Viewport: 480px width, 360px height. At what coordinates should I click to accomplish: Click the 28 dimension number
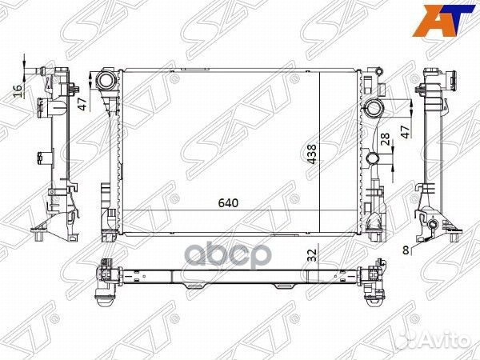point(385,142)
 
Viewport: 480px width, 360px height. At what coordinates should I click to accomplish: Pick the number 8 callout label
point(406,250)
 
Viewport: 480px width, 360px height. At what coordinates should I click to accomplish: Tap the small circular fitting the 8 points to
point(433,229)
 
